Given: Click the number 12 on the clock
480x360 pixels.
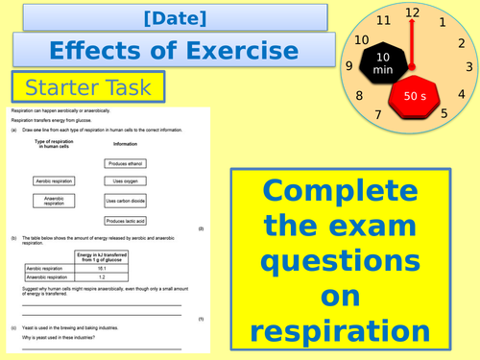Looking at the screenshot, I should (x=413, y=12).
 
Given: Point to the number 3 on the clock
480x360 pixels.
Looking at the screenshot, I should (x=469, y=67).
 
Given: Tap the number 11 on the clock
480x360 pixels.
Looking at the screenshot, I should (x=383, y=20).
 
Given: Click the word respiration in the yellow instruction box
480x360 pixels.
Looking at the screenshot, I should (x=341, y=330).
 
